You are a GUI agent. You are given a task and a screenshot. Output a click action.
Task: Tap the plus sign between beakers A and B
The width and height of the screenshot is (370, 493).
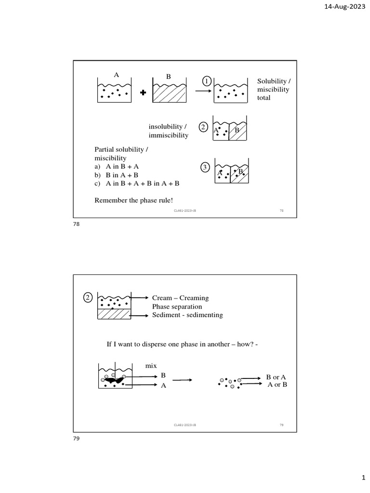143,93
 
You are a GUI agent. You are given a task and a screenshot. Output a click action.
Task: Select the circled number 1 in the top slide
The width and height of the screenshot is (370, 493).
206,81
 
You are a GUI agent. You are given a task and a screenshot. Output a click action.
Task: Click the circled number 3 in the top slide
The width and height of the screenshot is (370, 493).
205,167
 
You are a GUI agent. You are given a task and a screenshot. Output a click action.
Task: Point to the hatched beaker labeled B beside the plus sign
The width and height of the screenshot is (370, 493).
170,93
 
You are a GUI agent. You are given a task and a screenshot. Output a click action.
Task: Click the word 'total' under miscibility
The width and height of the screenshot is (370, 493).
264,98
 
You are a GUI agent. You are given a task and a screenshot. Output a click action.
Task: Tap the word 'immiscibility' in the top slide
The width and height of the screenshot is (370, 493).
169,135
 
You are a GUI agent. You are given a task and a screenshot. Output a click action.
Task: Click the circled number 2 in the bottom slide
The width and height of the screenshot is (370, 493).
88,298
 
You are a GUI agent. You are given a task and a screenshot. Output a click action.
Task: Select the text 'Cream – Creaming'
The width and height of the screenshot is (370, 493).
180,298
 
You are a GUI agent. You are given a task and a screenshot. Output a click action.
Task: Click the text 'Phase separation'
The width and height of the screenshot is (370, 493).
177,307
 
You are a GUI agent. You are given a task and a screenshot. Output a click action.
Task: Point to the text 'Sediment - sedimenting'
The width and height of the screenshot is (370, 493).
187,315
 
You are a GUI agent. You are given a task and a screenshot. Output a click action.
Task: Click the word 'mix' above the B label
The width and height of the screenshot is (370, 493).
151,366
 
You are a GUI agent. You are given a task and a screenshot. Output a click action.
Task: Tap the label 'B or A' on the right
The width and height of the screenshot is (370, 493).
276,377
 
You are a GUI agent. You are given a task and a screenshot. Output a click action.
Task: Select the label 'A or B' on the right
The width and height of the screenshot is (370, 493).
277,385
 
